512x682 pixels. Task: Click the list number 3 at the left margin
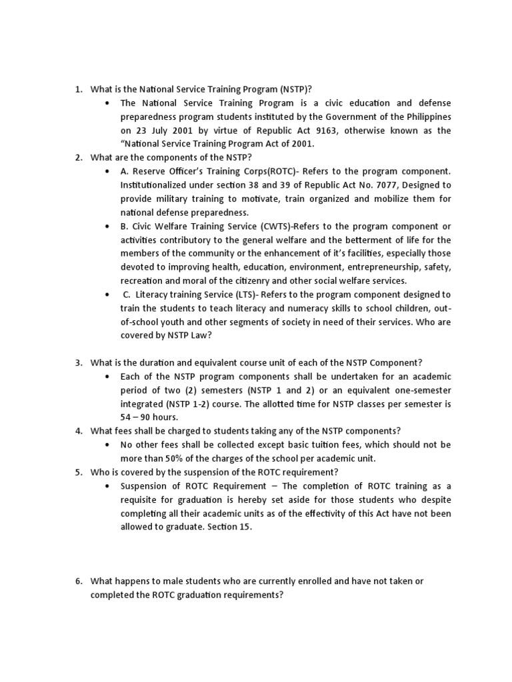[x=78, y=362]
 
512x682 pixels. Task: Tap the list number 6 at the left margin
[x=78, y=581]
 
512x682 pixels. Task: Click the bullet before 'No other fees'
[x=107, y=444]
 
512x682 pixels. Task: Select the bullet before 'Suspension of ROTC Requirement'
[x=107, y=485]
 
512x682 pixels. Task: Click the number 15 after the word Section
[x=245, y=526]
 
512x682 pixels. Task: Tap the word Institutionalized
[x=159, y=184]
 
